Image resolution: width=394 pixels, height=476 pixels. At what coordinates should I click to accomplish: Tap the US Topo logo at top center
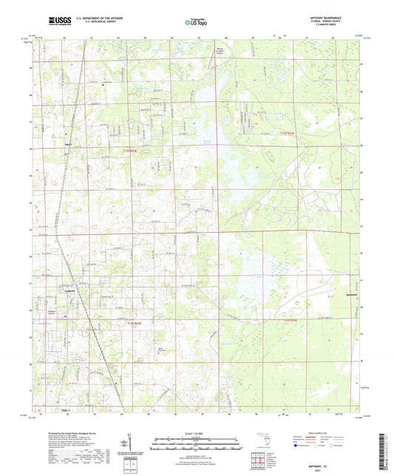[197, 22]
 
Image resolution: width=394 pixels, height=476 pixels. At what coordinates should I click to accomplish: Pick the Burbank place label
[329, 293]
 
